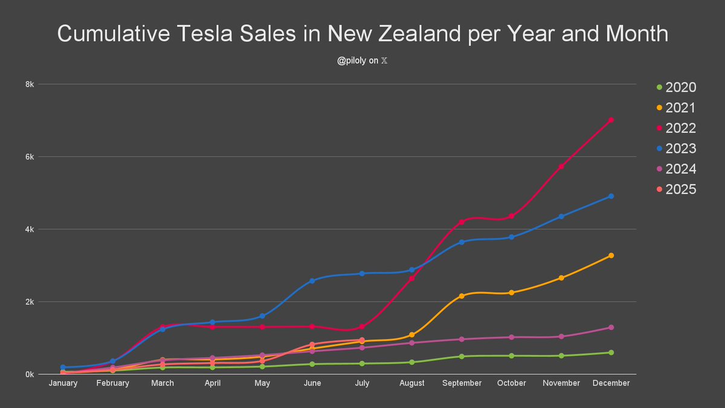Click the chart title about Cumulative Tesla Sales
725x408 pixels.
pyautogui.click(x=362, y=34)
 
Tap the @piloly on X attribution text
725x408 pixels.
pyautogui.click(x=362, y=61)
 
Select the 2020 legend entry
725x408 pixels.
pyautogui.click(x=680, y=88)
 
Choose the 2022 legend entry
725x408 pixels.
pyautogui.click(x=680, y=128)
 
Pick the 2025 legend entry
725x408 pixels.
pyautogui.click(x=680, y=189)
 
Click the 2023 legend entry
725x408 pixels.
pyautogui.click(x=680, y=149)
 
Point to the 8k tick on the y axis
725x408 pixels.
pyautogui.click(x=28, y=85)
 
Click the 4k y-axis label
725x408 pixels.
pyautogui.click(x=28, y=230)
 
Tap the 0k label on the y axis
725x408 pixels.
pyautogui.click(x=28, y=374)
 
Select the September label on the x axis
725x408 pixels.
pyautogui.click(x=462, y=383)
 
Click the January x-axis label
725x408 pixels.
pyautogui.click(x=63, y=383)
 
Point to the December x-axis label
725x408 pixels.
pyautogui.click(x=611, y=383)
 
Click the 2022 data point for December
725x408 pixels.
pyautogui.click(x=611, y=120)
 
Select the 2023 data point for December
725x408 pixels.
pyautogui.click(x=611, y=196)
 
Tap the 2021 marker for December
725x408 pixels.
pyautogui.click(x=611, y=256)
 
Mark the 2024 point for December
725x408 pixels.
pyautogui.click(x=611, y=328)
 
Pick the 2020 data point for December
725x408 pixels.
pyautogui.click(x=611, y=352)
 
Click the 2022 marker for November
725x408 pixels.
pyautogui.click(x=561, y=166)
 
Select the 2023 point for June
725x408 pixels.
pyautogui.click(x=312, y=280)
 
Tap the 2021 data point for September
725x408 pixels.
pyautogui.click(x=462, y=296)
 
